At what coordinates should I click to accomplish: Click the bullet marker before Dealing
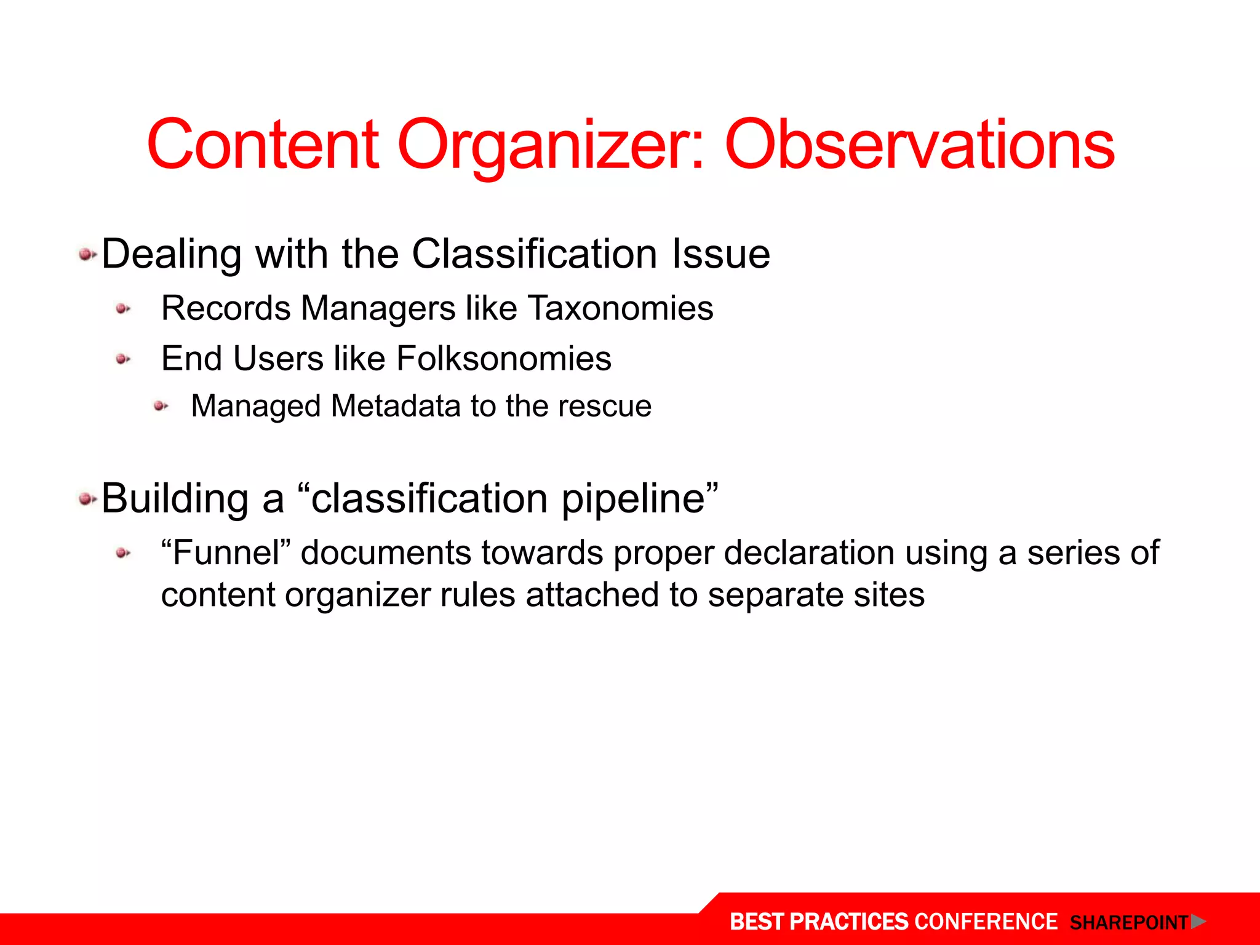click(87, 254)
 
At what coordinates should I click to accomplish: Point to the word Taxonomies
click(621, 308)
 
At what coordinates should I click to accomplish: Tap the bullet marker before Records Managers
click(123, 309)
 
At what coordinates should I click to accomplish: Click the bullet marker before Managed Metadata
click(161, 406)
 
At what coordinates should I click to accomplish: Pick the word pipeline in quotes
click(634, 498)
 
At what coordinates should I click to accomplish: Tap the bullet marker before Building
click(87, 499)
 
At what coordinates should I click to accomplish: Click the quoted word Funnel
click(226, 552)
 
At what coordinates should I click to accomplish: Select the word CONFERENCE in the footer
click(986, 922)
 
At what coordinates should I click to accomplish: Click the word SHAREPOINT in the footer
click(1128, 923)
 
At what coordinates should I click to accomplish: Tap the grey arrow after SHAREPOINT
click(1198, 922)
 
